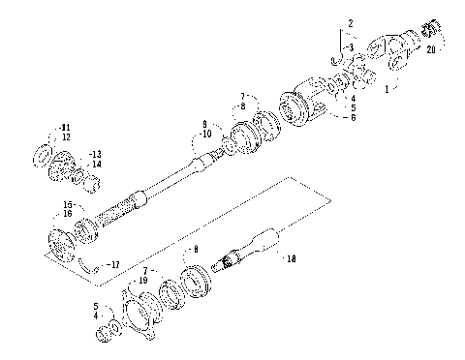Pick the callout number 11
coord(66,128)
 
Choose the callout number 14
coord(96,165)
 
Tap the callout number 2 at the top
coord(351,21)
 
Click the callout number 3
coord(352,46)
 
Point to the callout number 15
coord(68,204)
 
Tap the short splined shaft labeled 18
coord(249,248)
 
